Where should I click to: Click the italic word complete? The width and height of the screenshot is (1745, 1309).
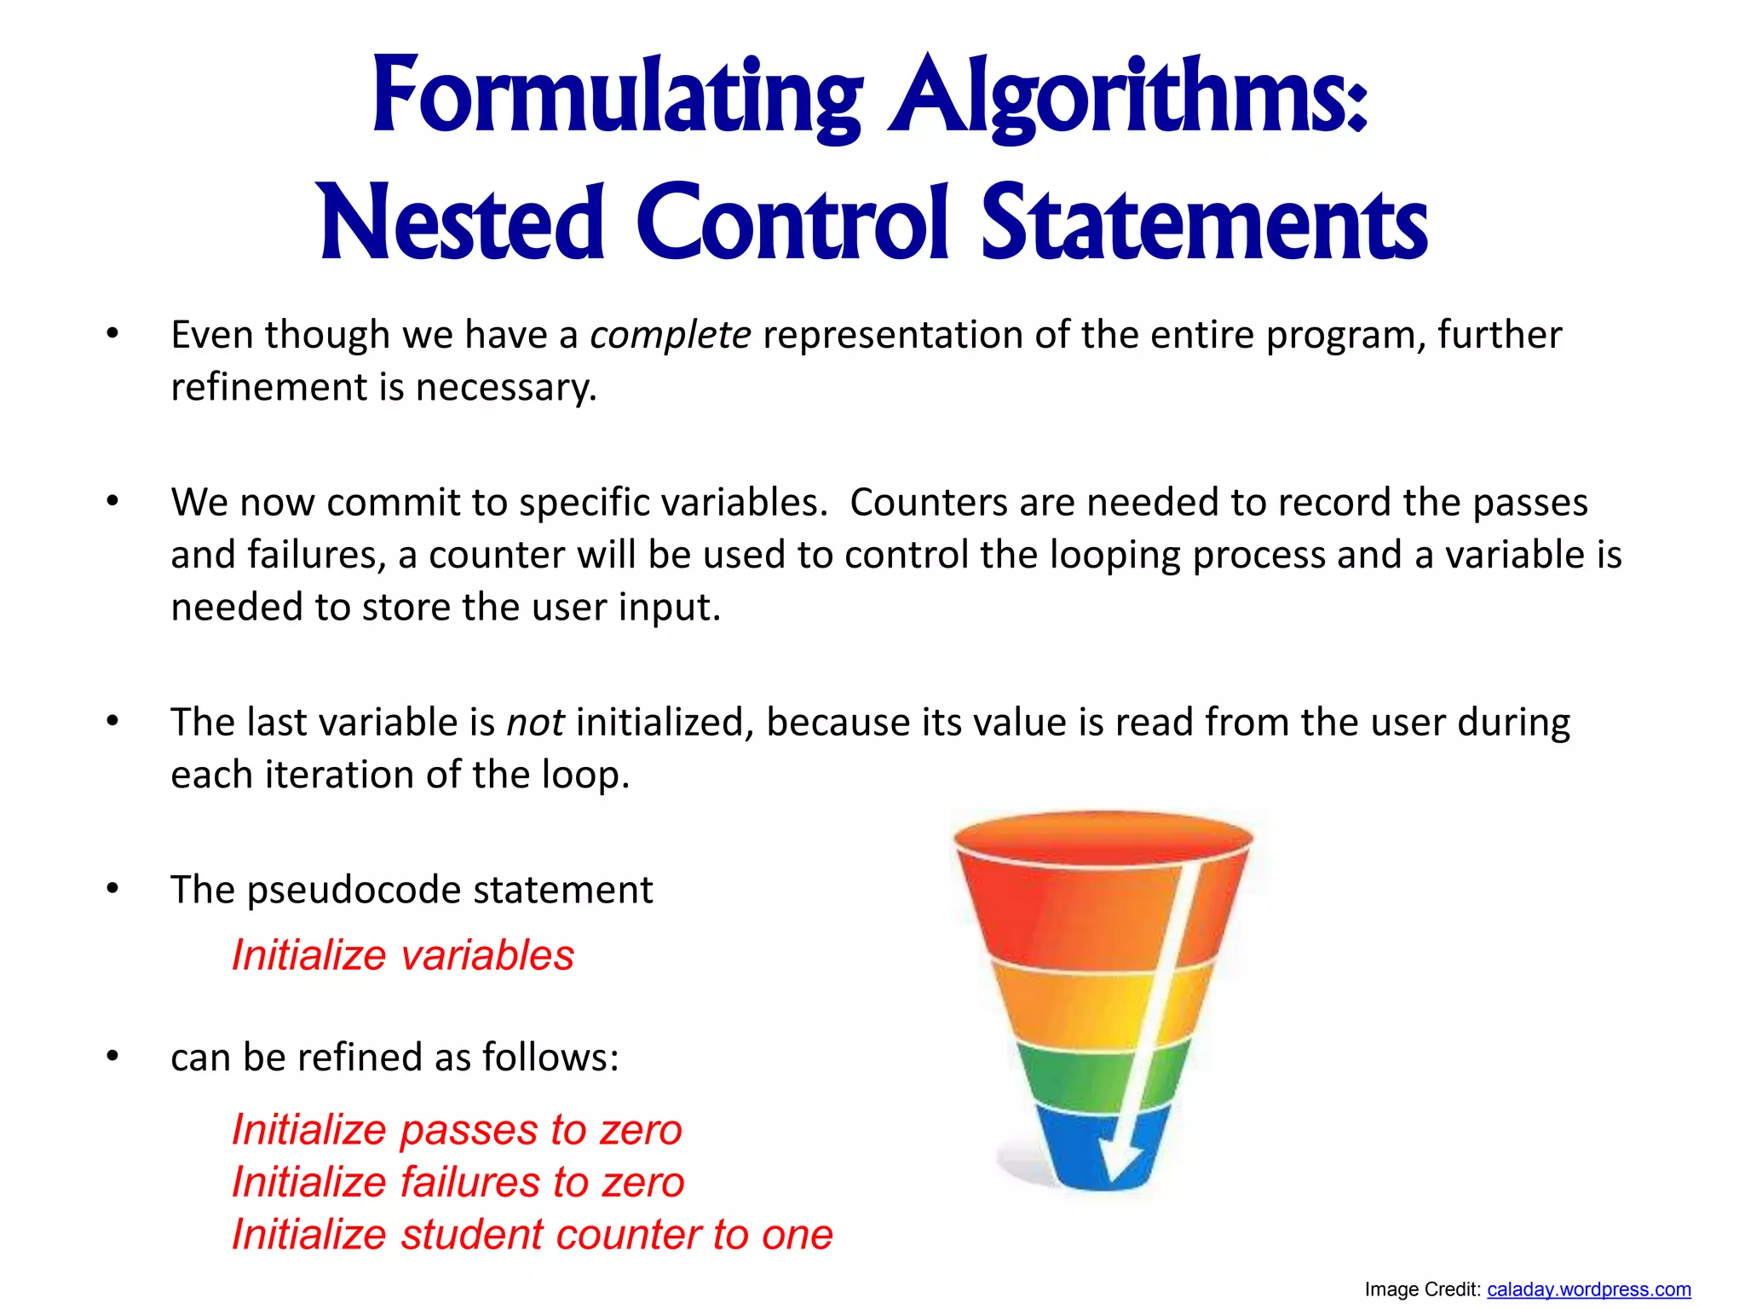tap(671, 335)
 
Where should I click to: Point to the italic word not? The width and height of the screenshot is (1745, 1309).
tap(535, 723)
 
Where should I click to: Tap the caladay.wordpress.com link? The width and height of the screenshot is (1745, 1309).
tap(1588, 1289)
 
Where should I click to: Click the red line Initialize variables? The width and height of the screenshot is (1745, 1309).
tap(403, 955)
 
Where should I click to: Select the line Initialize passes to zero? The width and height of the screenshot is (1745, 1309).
tap(457, 1130)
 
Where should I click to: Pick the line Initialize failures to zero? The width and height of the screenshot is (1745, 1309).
tap(458, 1182)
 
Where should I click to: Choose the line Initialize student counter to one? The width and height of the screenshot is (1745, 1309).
tap(533, 1234)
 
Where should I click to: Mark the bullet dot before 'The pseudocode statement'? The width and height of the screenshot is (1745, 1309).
tap(112, 889)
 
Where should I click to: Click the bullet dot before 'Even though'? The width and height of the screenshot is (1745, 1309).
tap(112, 334)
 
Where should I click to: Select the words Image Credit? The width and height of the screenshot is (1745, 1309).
tap(1421, 1289)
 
